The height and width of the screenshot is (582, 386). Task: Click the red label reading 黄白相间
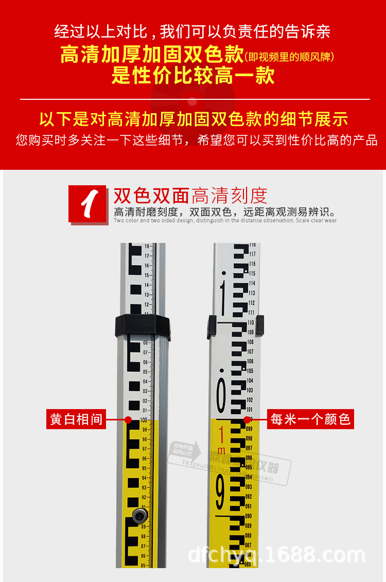click(76, 419)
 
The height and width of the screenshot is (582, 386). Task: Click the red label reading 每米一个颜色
click(310, 419)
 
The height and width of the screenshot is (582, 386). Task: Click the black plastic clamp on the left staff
click(142, 326)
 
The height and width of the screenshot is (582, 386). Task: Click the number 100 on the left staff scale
click(145, 420)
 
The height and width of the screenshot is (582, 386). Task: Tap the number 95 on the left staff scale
click(145, 468)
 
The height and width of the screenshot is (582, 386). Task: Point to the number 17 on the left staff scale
click(147, 256)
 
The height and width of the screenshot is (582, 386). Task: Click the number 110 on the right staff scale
click(251, 323)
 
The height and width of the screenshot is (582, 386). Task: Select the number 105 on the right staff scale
click(250, 371)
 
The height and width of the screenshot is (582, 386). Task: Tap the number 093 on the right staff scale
click(249, 487)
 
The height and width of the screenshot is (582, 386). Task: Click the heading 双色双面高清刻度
click(190, 196)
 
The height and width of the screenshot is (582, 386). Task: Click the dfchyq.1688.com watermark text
click(276, 555)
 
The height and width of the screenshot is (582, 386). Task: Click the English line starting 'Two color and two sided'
click(225, 221)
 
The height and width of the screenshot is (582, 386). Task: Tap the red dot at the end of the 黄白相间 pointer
click(128, 419)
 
